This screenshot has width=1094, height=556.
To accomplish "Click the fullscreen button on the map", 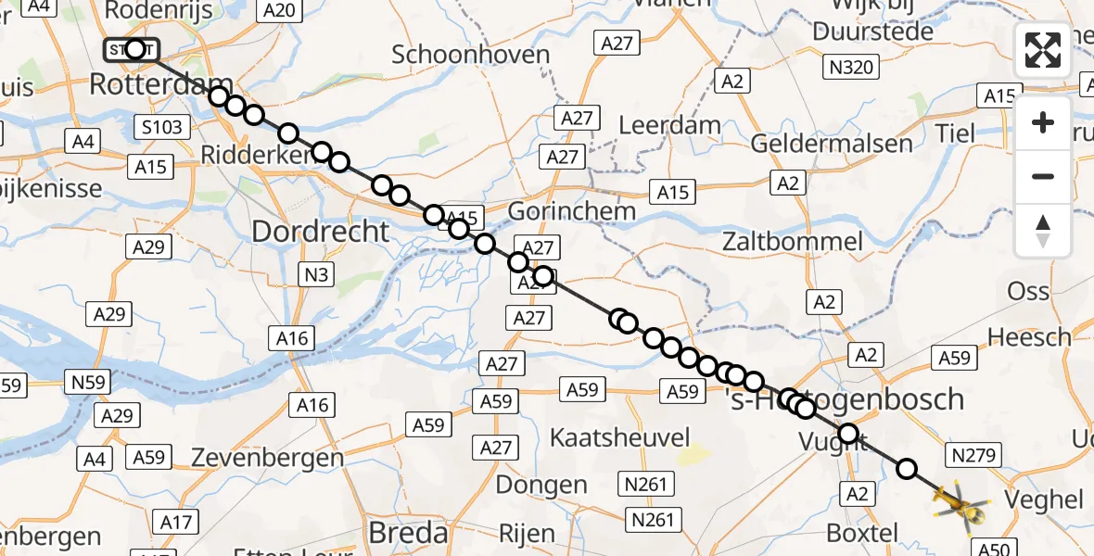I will click(1043, 50).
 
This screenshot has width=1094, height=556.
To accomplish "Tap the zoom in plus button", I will click(1043, 123).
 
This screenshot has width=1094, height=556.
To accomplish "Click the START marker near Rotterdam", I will click(134, 49).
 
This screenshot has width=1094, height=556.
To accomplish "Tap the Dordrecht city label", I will click(321, 231).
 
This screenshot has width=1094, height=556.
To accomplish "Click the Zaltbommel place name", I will click(795, 243).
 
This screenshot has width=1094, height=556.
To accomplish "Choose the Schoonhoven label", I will click(471, 55).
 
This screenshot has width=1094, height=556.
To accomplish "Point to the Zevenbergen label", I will click(267, 458).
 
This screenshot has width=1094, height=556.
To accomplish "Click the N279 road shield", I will click(972, 454).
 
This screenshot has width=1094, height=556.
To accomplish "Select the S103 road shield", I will click(162, 126).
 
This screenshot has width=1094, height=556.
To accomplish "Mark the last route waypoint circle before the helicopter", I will click(907, 469).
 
